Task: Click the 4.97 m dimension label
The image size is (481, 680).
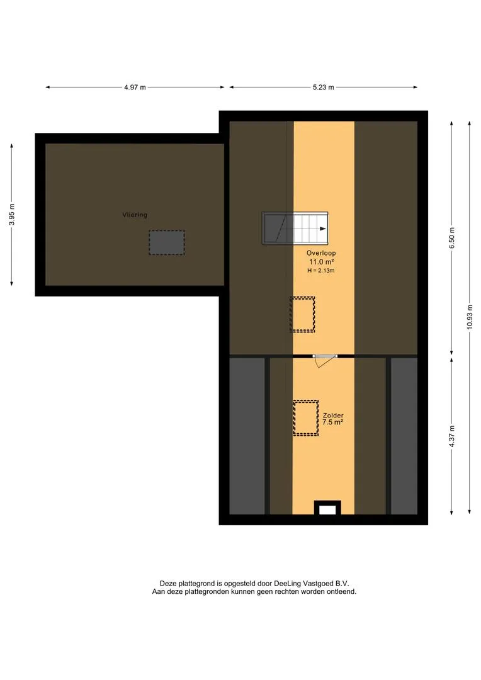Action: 135,87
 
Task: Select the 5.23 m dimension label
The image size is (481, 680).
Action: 324,87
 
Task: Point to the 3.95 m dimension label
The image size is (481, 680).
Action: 12,215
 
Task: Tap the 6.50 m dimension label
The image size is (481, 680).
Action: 451,237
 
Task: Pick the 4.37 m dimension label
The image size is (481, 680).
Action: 451,436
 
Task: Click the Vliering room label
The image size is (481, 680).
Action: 135,215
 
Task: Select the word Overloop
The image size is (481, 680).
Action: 321,253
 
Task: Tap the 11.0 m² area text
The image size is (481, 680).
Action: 321,261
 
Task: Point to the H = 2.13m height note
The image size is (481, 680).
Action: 321,270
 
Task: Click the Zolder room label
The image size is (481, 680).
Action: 333,416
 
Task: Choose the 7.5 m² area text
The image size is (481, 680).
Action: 333,422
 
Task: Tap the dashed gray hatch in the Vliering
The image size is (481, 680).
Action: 167,242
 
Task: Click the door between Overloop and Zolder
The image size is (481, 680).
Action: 325,356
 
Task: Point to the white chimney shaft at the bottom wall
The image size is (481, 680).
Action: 327,509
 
